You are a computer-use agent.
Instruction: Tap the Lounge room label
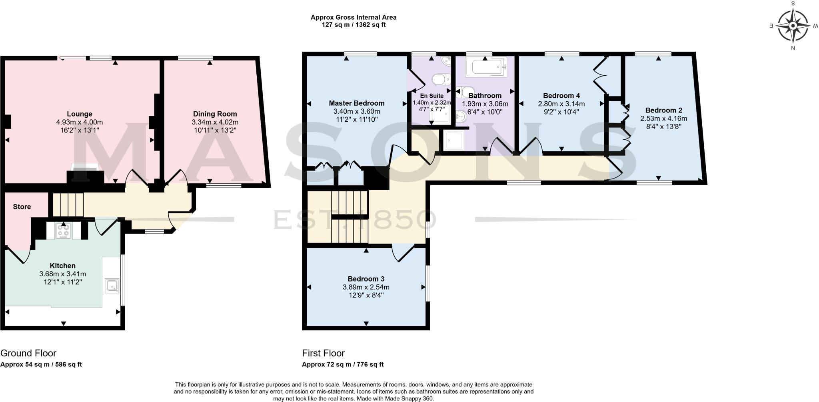coord(80,114)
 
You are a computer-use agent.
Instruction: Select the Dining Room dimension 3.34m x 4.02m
coord(215,122)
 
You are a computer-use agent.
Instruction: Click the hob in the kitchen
coord(64,231)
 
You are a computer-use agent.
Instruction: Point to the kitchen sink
coord(112,285)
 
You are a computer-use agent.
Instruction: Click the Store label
coord(22,207)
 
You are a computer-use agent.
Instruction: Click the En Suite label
coord(431,96)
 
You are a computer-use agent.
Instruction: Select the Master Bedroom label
coord(356,103)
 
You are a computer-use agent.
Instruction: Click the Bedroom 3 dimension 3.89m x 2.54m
coord(366,287)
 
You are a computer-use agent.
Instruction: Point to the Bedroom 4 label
coord(561,96)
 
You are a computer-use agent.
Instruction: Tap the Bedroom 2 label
coord(663,110)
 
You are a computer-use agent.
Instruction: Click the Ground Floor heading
coord(28,353)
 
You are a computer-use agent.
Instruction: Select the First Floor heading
coord(323,353)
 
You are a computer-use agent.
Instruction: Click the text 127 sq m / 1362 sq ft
coord(354,25)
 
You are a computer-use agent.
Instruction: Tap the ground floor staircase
coord(68,204)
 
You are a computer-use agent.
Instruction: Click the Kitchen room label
coord(62,266)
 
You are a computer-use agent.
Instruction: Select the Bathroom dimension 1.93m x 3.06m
coord(485,104)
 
